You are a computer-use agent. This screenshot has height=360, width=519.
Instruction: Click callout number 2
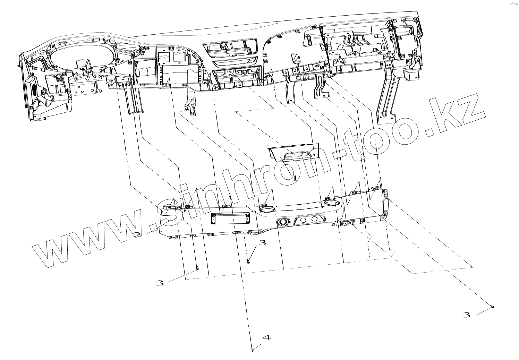tap(137, 235)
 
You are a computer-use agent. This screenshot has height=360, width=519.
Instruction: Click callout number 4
tap(266, 337)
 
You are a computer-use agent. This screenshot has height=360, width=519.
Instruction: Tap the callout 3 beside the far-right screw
tap(467, 315)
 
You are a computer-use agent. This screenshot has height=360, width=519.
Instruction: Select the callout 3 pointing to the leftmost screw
tap(159, 283)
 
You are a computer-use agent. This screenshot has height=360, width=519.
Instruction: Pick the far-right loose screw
tap(493, 307)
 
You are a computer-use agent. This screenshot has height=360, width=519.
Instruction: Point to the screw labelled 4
tap(252, 350)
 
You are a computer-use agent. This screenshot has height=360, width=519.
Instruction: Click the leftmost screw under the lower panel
tap(197, 268)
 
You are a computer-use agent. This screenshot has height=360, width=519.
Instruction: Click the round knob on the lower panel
tap(282, 222)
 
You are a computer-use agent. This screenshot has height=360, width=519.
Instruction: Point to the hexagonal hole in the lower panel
tap(304, 220)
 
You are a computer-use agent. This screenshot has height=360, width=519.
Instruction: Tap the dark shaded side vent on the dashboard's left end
tap(34, 91)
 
